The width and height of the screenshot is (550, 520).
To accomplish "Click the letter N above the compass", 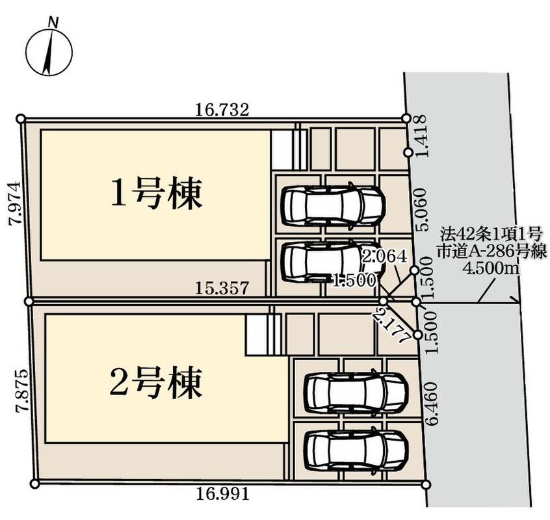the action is [x=53, y=23].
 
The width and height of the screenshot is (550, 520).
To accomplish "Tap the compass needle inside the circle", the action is [x=48, y=52].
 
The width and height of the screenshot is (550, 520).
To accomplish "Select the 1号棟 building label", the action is [x=157, y=194].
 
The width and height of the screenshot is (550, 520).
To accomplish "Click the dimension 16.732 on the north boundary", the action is [x=222, y=110].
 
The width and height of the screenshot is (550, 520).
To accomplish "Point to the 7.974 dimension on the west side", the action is [x=16, y=203].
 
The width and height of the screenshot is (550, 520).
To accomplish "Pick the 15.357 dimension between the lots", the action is [x=222, y=288].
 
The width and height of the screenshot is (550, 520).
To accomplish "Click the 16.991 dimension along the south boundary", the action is [x=222, y=494].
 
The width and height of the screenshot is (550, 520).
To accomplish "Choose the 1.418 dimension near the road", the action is [x=420, y=136].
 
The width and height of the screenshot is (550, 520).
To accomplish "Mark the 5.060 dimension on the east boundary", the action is [x=421, y=209].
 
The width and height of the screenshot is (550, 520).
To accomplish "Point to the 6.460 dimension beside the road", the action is [x=432, y=403].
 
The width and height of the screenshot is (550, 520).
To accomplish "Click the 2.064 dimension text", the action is [x=384, y=256].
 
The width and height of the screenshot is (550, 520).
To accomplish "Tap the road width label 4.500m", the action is [x=491, y=268].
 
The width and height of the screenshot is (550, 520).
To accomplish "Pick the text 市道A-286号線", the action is [x=491, y=251].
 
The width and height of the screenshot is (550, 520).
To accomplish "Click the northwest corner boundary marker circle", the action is [x=21, y=119].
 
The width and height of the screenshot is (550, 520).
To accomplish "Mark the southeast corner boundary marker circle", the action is [x=425, y=485].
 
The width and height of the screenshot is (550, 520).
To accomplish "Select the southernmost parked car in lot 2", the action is [x=356, y=450].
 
